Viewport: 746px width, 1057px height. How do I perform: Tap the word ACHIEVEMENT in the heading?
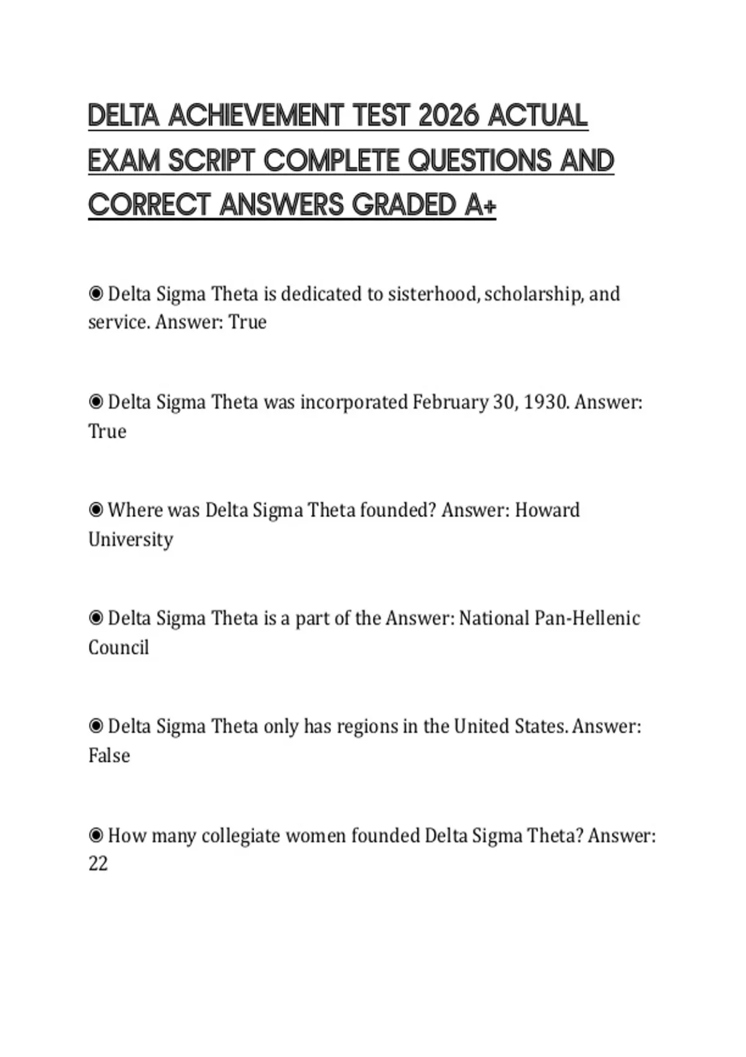click(255, 116)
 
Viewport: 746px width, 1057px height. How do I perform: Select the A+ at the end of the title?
click(480, 205)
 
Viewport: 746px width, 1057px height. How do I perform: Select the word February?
click(450, 402)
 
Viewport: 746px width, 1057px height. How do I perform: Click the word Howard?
click(547, 510)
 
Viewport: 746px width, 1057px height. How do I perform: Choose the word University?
click(131, 539)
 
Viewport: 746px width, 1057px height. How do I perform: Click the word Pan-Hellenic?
click(587, 618)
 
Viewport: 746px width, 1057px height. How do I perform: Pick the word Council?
click(119, 647)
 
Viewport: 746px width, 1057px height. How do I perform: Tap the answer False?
click(109, 755)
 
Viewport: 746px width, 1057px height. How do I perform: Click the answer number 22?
click(98, 864)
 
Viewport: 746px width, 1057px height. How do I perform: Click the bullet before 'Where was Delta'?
click(96, 510)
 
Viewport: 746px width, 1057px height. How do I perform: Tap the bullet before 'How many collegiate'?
click(96, 834)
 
